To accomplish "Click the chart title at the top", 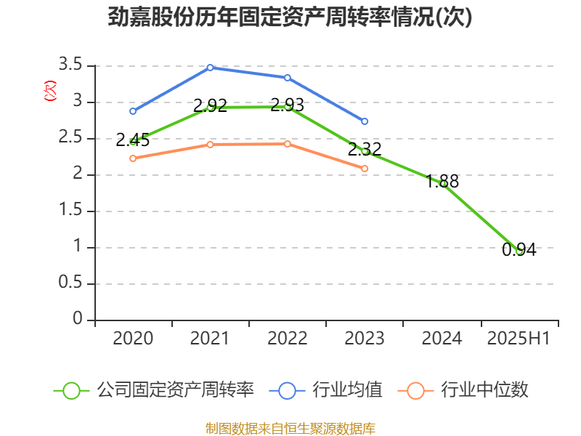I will (x=290, y=17).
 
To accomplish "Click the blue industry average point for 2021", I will (x=210, y=68).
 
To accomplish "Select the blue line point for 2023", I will (x=365, y=121).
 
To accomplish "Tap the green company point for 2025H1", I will (x=519, y=251).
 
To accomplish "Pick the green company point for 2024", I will (x=442, y=184).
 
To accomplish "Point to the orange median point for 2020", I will (x=133, y=158).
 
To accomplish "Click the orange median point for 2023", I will (x=365, y=169).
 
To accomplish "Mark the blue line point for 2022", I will (x=288, y=78).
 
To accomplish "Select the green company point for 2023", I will (x=365, y=151).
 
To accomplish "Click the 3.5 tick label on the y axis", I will (x=72, y=65).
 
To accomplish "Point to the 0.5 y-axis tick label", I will (x=72, y=283).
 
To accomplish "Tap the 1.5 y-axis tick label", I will (x=72, y=211).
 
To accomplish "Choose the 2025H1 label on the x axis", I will (x=519, y=339).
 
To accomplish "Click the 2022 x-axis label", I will (x=288, y=339).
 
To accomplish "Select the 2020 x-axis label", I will (x=133, y=339).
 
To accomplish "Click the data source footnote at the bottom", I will (x=290, y=428).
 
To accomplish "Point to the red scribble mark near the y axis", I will (x=50, y=91).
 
